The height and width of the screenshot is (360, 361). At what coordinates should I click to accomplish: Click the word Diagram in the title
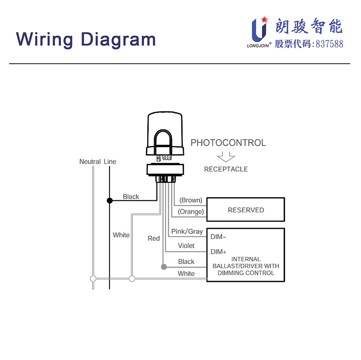pyautogui.click(x=118, y=39)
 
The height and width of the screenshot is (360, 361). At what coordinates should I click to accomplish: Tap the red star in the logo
pyautogui.click(x=264, y=19)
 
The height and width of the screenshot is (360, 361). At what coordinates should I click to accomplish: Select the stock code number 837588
pyautogui.click(x=329, y=44)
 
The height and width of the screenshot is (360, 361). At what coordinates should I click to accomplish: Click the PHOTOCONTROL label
pyautogui.click(x=228, y=142)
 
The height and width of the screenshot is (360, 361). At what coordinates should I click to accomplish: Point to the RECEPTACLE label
pyautogui.click(x=226, y=169)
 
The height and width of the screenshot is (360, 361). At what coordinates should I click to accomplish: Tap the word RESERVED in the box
pyautogui.click(x=246, y=210)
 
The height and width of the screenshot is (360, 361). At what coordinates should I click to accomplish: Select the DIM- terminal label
pyautogui.click(x=218, y=237)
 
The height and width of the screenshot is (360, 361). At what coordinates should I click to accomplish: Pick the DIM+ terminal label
pyautogui.click(x=218, y=252)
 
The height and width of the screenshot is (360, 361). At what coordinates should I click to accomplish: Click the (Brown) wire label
pyautogui.click(x=191, y=200)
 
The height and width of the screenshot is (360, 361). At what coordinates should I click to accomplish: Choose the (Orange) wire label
pyautogui.click(x=191, y=212)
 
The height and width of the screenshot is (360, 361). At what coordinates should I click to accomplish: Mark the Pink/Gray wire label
pyautogui.click(x=187, y=232)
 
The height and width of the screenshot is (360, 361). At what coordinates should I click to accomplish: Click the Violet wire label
pyautogui.click(x=186, y=246)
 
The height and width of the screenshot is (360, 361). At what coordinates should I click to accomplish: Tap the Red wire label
pyautogui.click(x=154, y=238)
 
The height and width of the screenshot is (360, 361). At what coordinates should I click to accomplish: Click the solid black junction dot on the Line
pyautogui.click(x=109, y=200)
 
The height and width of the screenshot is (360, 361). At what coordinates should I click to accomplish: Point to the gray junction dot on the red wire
pyautogui.click(x=163, y=267)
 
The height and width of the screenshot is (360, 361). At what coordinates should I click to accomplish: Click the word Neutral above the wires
pyautogui.click(x=90, y=161)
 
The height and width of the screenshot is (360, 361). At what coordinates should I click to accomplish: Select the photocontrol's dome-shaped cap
pyautogui.click(x=166, y=130)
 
